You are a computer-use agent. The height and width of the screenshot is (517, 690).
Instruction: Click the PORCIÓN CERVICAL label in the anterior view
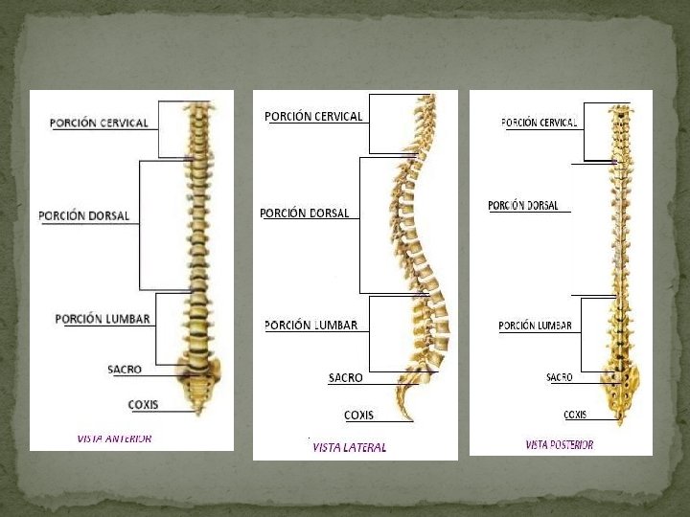pos(99,123)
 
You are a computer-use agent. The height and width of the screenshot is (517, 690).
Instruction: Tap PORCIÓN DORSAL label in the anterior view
pos(84,215)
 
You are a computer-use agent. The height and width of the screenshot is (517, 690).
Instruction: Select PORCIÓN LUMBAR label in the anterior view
pos(103,318)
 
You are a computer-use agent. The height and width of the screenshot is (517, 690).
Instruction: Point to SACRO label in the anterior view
pos(126,369)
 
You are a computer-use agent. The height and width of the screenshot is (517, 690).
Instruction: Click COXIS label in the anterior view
pos(143,404)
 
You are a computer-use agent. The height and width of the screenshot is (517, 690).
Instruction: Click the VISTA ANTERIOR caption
pos(114,438)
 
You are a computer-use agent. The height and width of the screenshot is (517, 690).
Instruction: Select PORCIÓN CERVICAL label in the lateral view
pos(313,116)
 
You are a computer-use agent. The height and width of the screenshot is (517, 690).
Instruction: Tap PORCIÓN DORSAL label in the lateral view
pos(305,213)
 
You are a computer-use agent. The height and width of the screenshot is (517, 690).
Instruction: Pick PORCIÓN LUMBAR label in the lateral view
pos(310,325)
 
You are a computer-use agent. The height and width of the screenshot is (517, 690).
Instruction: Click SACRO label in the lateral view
pos(345,377)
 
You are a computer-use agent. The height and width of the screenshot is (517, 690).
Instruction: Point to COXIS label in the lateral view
pos(358,415)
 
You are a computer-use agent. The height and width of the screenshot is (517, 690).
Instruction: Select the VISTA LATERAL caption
pos(349,447)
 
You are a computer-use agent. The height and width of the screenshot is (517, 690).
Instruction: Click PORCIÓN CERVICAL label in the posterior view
pos(539,122)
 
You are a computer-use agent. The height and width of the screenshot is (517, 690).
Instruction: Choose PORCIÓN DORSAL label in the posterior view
pos(522,205)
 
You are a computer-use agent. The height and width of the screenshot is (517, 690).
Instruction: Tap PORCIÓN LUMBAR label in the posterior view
pos(535,326)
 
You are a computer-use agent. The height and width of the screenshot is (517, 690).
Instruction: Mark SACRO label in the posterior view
pos(560,377)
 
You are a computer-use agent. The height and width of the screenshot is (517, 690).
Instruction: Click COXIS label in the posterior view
pos(575,415)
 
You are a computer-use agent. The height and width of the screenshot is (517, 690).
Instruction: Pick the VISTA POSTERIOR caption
pos(560,444)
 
